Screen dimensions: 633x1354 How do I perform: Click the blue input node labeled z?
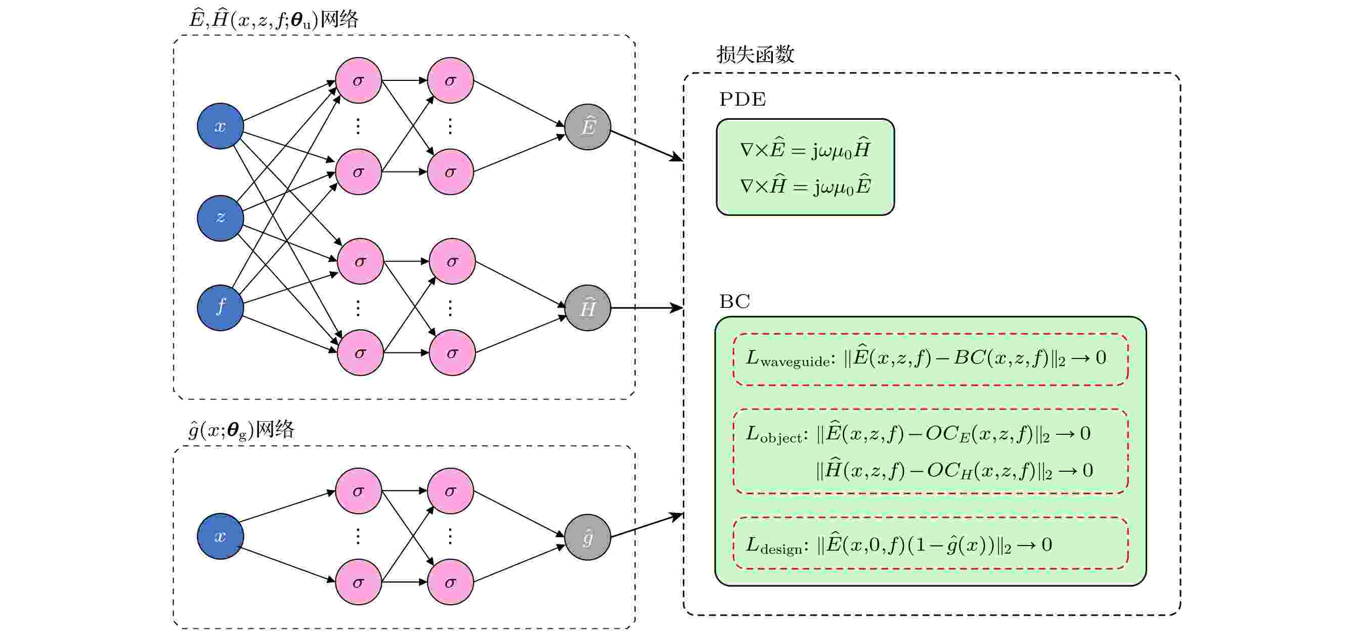[220, 218]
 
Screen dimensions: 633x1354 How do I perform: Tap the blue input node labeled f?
[220, 307]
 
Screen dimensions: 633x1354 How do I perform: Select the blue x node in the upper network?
[220, 126]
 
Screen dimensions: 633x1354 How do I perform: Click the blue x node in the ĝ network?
[220, 536]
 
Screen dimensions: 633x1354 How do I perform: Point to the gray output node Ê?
[587, 126]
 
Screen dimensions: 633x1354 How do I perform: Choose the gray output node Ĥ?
[587, 308]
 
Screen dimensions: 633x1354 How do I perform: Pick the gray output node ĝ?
[587, 537]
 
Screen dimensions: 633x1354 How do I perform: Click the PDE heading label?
[742, 99]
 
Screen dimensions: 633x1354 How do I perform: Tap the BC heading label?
[734, 301]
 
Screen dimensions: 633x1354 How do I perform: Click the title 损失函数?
[755, 55]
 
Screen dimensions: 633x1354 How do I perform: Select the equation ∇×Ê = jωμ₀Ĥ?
[805, 150]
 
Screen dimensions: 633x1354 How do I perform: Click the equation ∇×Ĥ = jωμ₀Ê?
[805, 186]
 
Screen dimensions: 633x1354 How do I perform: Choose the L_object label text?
[774, 434]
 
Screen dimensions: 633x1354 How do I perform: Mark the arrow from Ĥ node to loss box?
[646, 308]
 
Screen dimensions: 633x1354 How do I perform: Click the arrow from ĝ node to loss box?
[646, 526]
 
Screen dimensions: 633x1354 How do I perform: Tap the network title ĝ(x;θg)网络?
[241, 430]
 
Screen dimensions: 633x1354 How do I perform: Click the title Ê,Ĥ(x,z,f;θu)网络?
[273, 20]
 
